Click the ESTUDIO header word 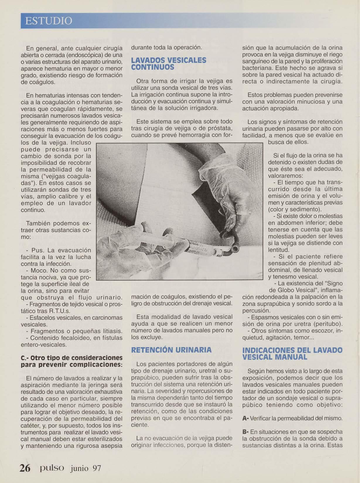tap(48, 21)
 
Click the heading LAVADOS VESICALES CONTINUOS tap(168, 64)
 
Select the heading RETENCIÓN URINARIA tap(171, 350)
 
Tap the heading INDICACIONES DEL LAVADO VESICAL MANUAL tap(292, 354)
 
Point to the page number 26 tap(25, 468)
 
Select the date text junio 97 tap(86, 468)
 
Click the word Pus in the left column tap(37, 250)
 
